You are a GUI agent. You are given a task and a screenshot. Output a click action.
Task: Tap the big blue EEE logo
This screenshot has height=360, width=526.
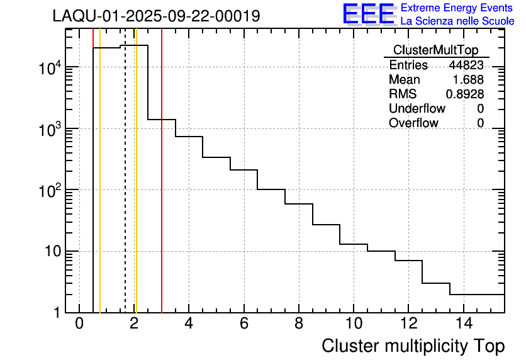(x=369, y=14)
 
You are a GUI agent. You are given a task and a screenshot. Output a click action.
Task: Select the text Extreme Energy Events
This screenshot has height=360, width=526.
(x=457, y=8)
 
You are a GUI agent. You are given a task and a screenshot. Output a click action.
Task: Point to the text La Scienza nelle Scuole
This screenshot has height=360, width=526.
(x=457, y=21)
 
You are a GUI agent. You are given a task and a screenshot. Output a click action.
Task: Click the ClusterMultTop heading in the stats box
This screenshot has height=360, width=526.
(x=435, y=50)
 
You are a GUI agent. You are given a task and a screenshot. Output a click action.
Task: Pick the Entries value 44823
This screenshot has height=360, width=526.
(x=466, y=65)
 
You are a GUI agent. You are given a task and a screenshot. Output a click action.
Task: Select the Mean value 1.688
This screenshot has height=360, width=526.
(x=468, y=80)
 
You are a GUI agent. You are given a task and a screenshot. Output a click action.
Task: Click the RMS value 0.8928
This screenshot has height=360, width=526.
(x=464, y=94)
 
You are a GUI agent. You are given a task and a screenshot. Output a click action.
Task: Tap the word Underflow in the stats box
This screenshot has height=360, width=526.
(x=417, y=108)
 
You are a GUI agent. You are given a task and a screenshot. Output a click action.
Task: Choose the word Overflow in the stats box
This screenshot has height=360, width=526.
(x=413, y=123)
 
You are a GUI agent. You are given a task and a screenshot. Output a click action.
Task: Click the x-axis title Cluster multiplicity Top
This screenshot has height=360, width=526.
(x=413, y=346)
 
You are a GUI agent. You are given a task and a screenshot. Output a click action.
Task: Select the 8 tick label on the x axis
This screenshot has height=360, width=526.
(x=299, y=323)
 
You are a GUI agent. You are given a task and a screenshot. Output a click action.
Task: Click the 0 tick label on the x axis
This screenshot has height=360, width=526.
(x=79, y=323)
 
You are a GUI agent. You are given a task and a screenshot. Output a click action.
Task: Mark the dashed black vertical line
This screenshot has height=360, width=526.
(x=125, y=189)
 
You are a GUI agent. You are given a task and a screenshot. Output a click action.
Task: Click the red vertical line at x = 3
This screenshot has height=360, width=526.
(x=162, y=189)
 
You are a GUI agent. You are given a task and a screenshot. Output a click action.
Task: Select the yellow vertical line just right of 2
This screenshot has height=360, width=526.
(x=136, y=189)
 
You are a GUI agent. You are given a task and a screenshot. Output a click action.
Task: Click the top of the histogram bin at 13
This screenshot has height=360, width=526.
(x=436, y=283)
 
